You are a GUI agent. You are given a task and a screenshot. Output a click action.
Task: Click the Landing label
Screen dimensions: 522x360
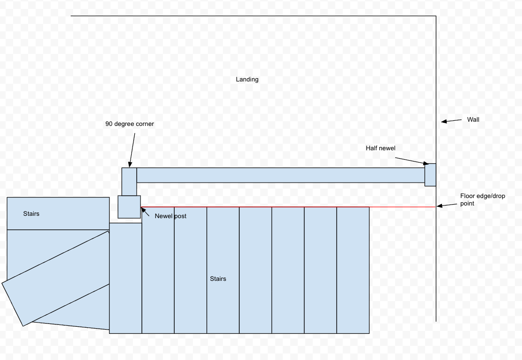(x=247, y=80)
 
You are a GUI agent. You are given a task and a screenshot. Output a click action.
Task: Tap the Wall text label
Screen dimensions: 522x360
(x=473, y=119)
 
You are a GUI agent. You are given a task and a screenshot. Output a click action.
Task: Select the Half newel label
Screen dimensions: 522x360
(x=381, y=148)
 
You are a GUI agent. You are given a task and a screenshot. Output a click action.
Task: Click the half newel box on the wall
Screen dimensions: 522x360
(x=430, y=175)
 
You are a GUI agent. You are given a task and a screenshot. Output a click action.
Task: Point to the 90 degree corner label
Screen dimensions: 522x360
(x=130, y=124)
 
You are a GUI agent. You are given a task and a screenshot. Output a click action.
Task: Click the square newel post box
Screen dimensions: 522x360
(x=129, y=207)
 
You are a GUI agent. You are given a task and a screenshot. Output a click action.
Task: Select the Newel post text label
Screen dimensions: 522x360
(x=170, y=216)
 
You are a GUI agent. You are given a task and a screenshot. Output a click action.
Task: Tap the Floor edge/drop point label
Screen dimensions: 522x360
(x=482, y=200)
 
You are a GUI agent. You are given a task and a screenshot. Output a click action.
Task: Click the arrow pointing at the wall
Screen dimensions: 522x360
(x=451, y=121)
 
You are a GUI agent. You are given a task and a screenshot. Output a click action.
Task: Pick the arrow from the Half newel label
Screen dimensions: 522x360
(x=412, y=161)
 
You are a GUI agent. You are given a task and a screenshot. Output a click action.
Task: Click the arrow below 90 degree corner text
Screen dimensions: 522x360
(x=132, y=150)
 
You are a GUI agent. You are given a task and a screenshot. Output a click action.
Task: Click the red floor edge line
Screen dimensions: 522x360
(x=288, y=207)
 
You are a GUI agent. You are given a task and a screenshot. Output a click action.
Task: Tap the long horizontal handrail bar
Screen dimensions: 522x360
(x=280, y=175)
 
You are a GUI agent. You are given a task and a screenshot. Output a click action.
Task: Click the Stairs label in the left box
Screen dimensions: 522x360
(x=31, y=214)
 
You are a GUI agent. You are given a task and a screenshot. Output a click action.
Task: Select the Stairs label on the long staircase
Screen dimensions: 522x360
(x=218, y=279)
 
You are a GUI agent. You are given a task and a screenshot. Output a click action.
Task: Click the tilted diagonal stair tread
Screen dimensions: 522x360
(x=56, y=279)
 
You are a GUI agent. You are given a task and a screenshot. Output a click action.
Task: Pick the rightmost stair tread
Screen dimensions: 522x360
(x=353, y=270)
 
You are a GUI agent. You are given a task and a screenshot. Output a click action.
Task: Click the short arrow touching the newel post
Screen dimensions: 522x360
(x=145, y=212)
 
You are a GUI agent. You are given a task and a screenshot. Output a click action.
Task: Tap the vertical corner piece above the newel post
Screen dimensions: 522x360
(x=129, y=182)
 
